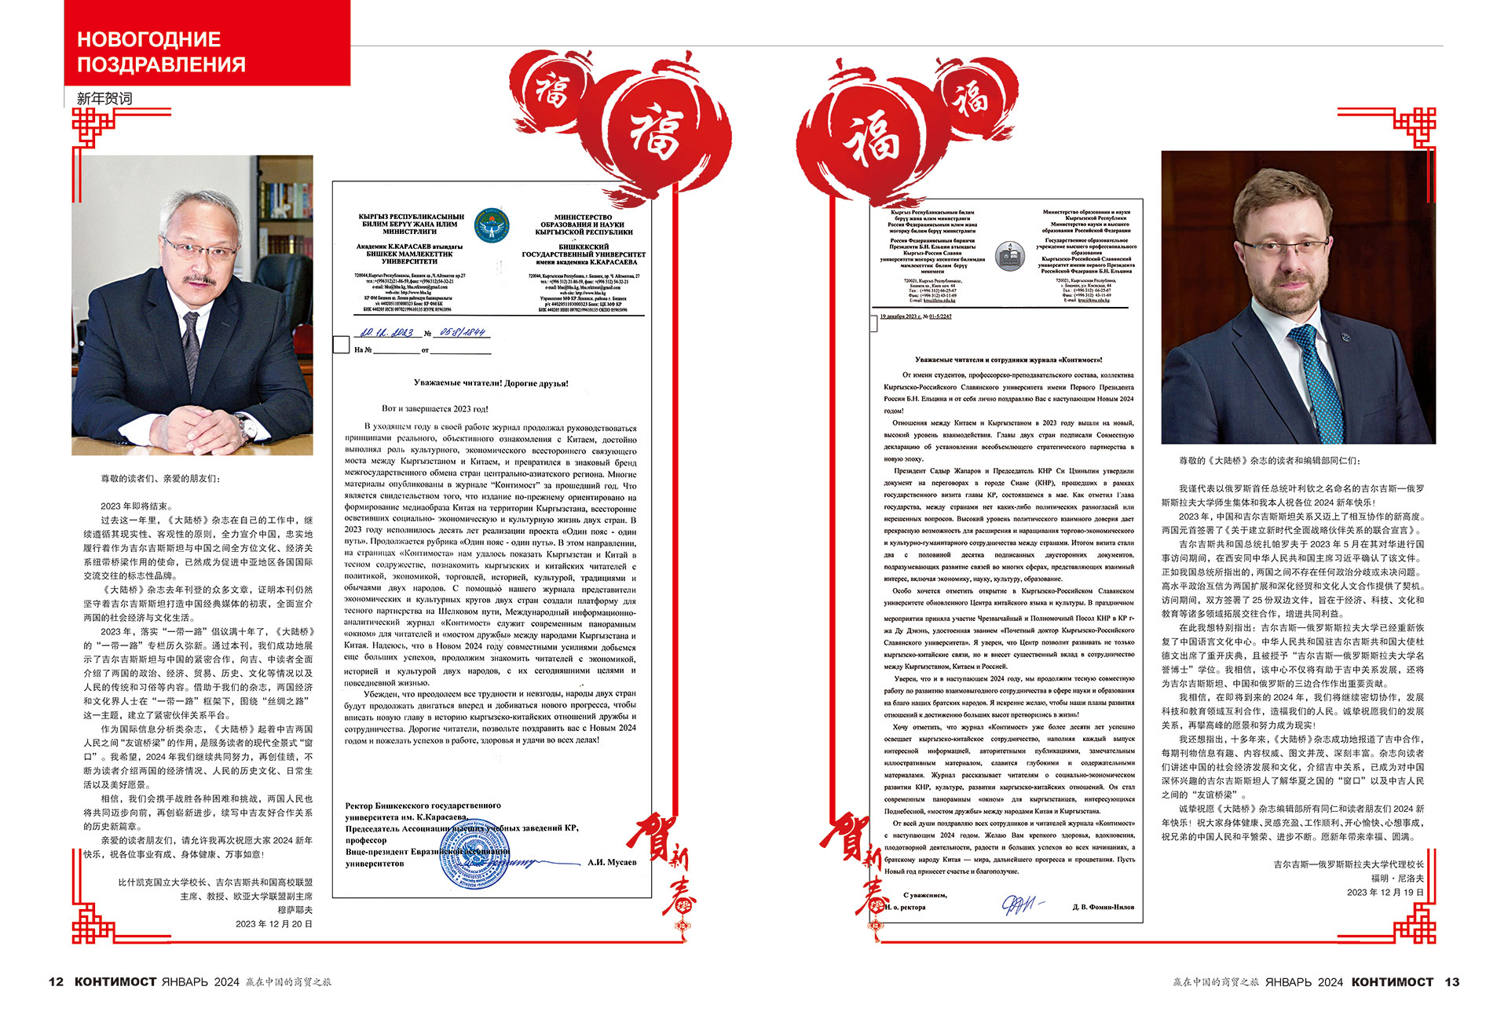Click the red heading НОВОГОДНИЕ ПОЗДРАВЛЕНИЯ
click(161, 52)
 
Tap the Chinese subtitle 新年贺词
click(104, 99)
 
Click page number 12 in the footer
click(56, 981)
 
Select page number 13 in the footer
click(1451, 981)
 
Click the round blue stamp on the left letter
click(474, 862)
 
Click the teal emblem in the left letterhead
click(492, 225)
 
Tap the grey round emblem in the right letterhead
click(1008, 256)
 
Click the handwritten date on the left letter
click(386, 333)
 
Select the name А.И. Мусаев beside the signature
click(612, 862)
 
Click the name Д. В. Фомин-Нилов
click(1103, 907)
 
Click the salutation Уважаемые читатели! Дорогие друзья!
click(491, 383)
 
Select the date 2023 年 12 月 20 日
click(274, 924)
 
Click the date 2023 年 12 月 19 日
click(1385, 893)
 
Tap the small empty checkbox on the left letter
click(341, 345)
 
